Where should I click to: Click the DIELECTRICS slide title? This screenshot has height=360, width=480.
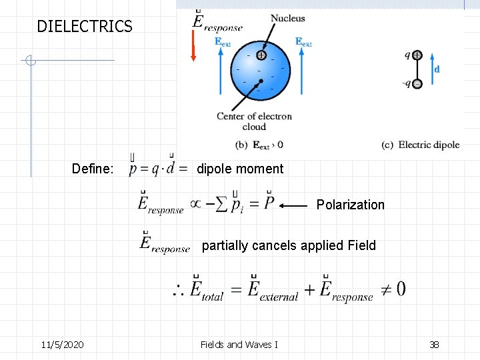coord(85,27)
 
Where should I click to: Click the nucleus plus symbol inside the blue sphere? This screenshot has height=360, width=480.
coord(261,55)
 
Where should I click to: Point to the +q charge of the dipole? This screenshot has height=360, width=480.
coord(417,56)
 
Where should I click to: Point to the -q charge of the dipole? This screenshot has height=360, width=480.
coord(417,84)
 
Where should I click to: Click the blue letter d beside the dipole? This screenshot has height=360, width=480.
coord(437,69)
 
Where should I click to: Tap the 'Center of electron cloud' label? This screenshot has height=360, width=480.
coord(254,121)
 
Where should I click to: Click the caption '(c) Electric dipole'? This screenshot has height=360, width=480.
coord(420,145)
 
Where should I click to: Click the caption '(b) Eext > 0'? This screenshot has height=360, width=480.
coord(259,145)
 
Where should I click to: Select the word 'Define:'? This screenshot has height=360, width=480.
coord(93,169)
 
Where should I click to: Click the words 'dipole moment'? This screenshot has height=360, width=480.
coord(240,169)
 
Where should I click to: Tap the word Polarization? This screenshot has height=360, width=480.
coord(350,205)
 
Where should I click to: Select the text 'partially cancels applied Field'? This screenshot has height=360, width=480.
coord(289,245)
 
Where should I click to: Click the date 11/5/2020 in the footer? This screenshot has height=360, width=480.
coord(62,345)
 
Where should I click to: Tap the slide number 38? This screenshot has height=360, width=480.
coord(434,345)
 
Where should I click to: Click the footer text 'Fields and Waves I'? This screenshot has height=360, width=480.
coord(239,345)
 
